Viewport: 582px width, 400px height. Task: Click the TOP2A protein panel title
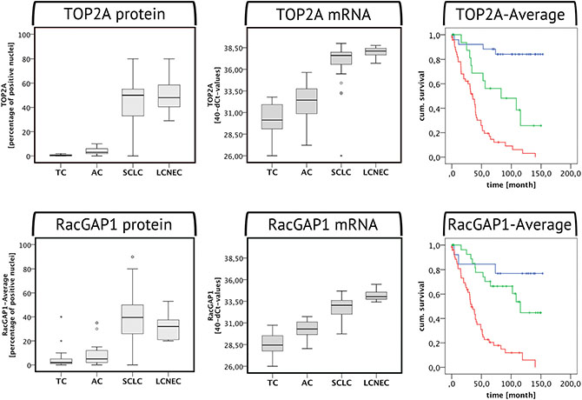pyautogui.click(x=104, y=15)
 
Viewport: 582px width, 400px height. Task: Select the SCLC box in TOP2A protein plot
pyautogui.click(x=133, y=103)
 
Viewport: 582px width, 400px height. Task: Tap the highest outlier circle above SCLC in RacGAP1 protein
pyautogui.click(x=133, y=257)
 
